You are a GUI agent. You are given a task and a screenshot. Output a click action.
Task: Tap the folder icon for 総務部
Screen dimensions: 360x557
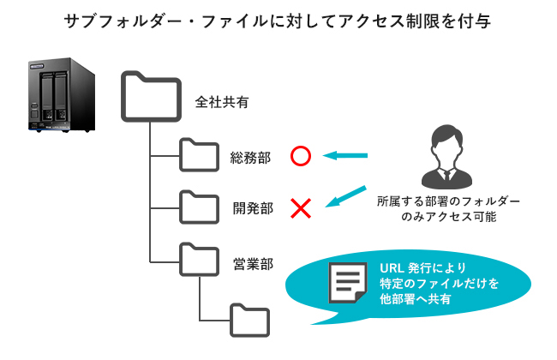pos(200,156)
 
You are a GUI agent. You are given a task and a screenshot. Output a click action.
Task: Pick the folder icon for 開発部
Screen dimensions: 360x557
pos(200,206)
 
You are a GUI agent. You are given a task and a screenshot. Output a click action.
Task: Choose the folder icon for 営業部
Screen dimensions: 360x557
pos(200,257)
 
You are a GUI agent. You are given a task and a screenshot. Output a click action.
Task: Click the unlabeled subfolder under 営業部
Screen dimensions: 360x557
pos(251,319)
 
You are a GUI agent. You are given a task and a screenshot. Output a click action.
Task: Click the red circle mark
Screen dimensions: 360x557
pos(300,156)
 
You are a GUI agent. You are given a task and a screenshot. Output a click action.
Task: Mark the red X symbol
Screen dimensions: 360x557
pos(300,207)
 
